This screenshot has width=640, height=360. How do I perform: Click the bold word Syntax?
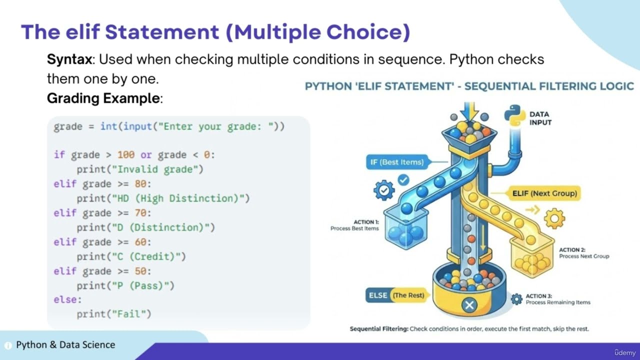[69, 59]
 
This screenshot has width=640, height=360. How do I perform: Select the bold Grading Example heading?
[103, 98]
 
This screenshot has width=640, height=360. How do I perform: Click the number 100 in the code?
[126, 155]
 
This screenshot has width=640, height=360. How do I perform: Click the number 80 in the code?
[140, 184]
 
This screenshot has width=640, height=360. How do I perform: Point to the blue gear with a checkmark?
[384, 190]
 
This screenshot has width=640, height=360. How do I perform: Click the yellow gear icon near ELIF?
[554, 218]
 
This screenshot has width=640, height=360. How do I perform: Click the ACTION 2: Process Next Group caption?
[583, 253]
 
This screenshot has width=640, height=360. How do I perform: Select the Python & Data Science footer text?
[65, 344]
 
